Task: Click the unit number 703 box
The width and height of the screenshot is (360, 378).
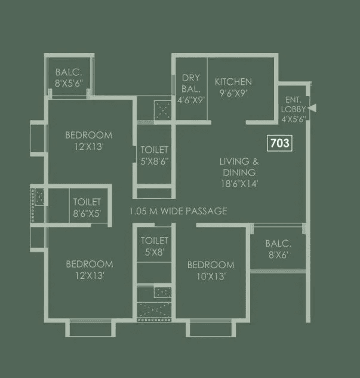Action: (x=280, y=143)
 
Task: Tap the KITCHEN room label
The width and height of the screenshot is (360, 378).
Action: (x=233, y=82)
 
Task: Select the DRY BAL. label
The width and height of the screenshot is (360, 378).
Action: (x=191, y=84)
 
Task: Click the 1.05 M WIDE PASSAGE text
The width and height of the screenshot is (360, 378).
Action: (x=178, y=211)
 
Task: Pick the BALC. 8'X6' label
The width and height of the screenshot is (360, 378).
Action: (x=278, y=249)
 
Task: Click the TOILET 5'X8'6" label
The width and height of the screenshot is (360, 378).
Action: (x=155, y=155)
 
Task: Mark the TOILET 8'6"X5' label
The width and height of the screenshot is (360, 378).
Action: (x=87, y=207)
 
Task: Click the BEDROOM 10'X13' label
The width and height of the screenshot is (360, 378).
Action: (x=211, y=270)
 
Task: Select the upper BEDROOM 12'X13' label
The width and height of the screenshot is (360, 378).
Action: (x=89, y=140)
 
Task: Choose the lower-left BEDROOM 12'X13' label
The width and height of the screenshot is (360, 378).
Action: (x=90, y=269)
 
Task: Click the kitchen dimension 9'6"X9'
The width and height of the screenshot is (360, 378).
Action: (x=233, y=93)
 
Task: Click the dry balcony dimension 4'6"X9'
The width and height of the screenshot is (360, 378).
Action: (x=192, y=100)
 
